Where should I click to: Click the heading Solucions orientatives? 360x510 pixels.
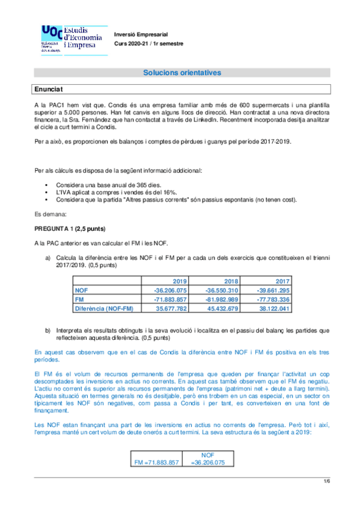point(182,73)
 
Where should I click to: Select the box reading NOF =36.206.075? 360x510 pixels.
point(207,459)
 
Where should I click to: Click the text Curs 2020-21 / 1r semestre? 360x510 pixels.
point(149,44)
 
